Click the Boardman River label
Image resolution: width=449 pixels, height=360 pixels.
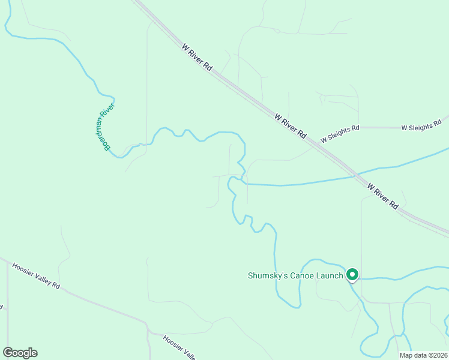click(x=106, y=127)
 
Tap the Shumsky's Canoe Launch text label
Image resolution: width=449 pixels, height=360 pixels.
click(x=295, y=276)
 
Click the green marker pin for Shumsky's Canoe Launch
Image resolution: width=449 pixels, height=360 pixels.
click(x=352, y=275)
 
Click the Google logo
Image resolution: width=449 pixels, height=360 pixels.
click(x=20, y=353)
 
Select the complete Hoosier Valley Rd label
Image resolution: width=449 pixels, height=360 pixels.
click(x=36, y=276)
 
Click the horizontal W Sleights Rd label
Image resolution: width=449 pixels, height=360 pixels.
click(x=421, y=127)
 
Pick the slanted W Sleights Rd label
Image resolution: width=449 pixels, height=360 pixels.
click(x=340, y=133)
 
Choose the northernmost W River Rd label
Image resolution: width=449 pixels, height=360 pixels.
click(x=199, y=58)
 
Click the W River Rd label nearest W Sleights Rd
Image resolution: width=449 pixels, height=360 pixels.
click(x=291, y=125)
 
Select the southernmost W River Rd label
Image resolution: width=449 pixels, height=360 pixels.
click(x=384, y=196)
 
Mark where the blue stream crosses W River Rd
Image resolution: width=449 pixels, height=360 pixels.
click(x=357, y=176)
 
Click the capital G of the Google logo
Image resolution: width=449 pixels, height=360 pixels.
click(x=8, y=353)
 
